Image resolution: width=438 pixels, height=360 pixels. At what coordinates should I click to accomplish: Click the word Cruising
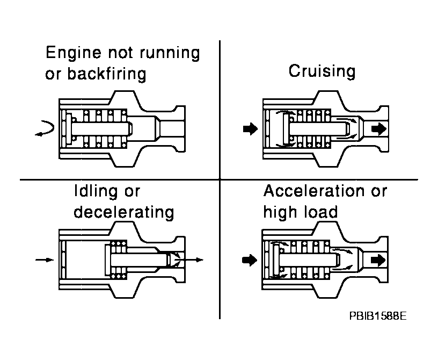pyautogui.click(x=322, y=71)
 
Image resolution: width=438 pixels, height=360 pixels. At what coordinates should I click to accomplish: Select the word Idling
pyautogui.click(x=95, y=191)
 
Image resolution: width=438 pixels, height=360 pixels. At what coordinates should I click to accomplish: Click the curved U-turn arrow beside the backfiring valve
pyautogui.click(x=43, y=129)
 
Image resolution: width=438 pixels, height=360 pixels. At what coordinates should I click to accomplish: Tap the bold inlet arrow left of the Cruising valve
pyautogui.click(x=250, y=129)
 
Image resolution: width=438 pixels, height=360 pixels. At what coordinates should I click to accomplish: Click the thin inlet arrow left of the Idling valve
pyautogui.click(x=44, y=260)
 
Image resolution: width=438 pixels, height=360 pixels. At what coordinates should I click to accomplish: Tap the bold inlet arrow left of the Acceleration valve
pyautogui.click(x=250, y=260)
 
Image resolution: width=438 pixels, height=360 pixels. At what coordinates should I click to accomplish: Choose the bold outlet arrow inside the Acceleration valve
pyautogui.click(x=377, y=260)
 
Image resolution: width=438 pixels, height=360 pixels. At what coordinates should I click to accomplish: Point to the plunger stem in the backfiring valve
pyautogui.click(x=102, y=129)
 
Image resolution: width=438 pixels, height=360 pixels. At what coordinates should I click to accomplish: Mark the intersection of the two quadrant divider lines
pyautogui.click(x=220, y=178)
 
